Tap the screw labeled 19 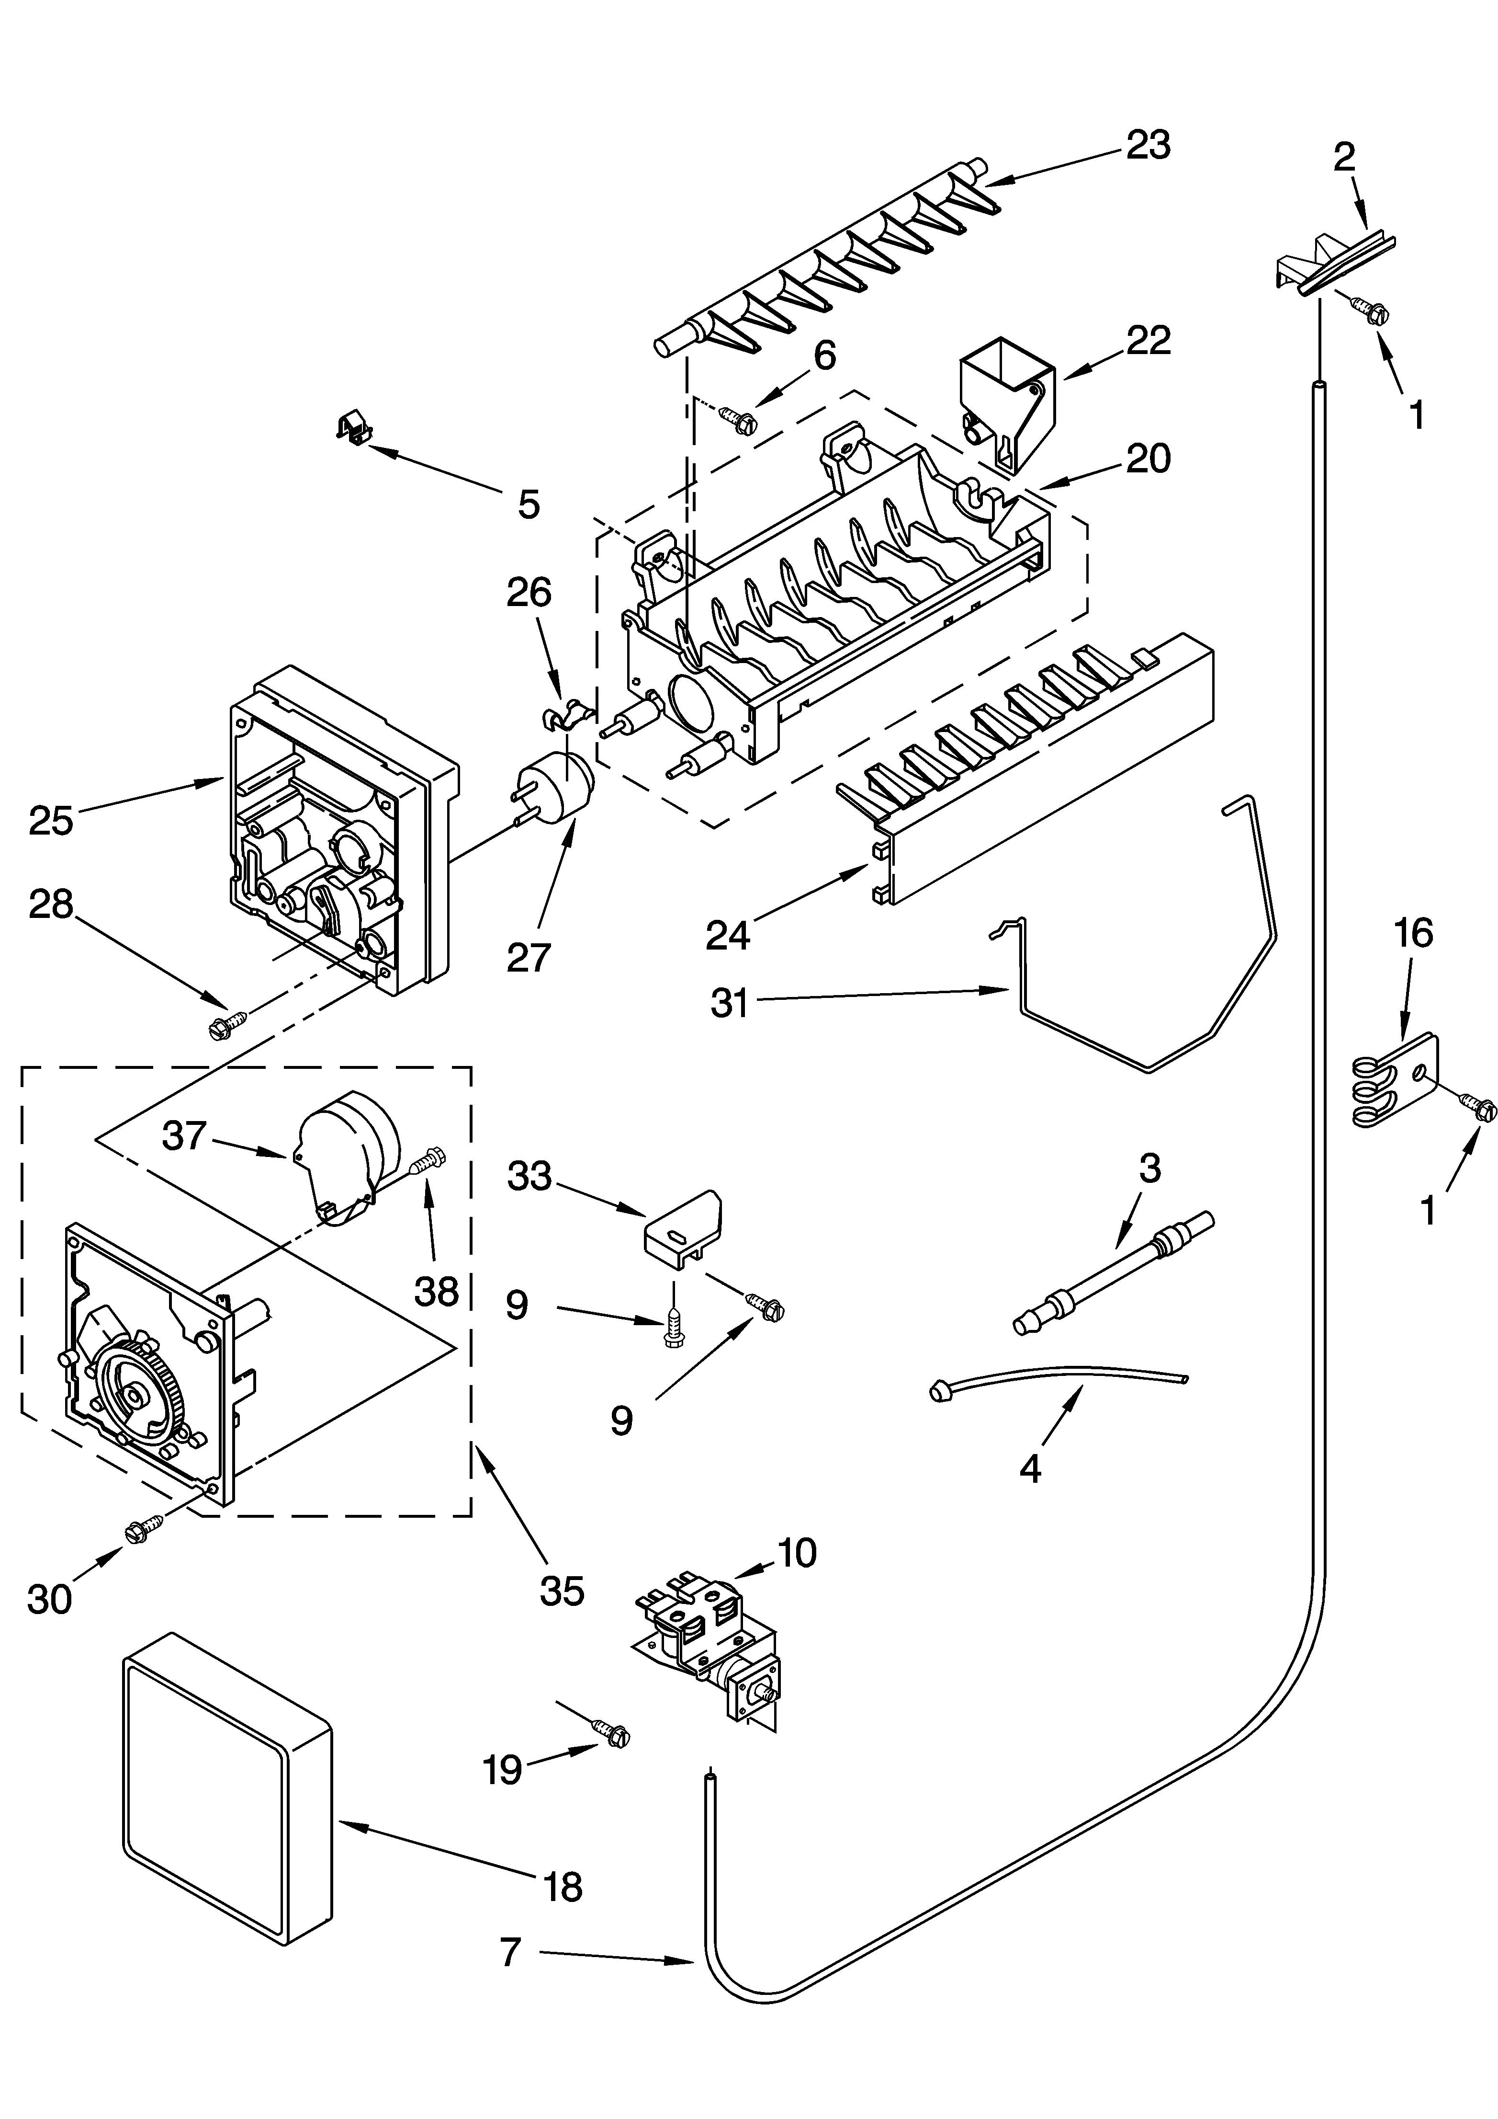pyautogui.click(x=610, y=1732)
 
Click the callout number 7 pyautogui.click(x=510, y=1952)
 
